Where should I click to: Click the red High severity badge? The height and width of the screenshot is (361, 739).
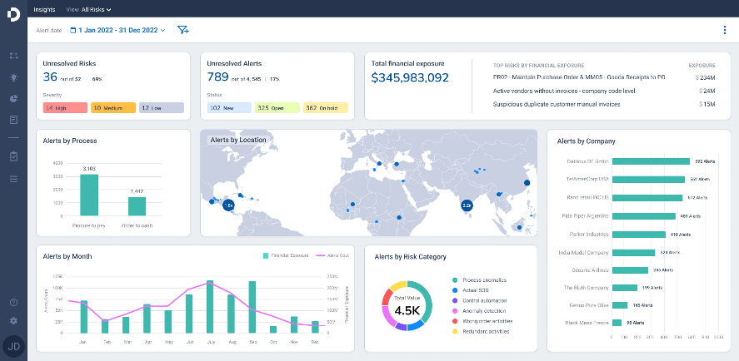[65, 108]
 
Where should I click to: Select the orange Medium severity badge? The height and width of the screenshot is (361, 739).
[112, 108]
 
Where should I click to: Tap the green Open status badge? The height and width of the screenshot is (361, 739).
[277, 108]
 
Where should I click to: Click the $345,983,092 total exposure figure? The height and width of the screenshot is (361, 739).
[411, 77]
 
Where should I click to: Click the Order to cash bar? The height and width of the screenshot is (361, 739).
[137, 205]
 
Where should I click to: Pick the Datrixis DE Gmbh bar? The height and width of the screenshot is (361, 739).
[651, 161]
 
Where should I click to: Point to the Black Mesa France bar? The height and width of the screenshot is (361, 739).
[617, 322]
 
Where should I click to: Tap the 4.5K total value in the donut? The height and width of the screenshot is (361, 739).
[407, 310]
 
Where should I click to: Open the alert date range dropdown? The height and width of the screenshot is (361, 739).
[122, 30]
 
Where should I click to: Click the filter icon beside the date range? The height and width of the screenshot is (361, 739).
[183, 30]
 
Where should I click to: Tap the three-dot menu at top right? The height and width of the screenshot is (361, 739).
[724, 30]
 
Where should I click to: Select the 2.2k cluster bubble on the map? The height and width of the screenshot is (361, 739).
[467, 205]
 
